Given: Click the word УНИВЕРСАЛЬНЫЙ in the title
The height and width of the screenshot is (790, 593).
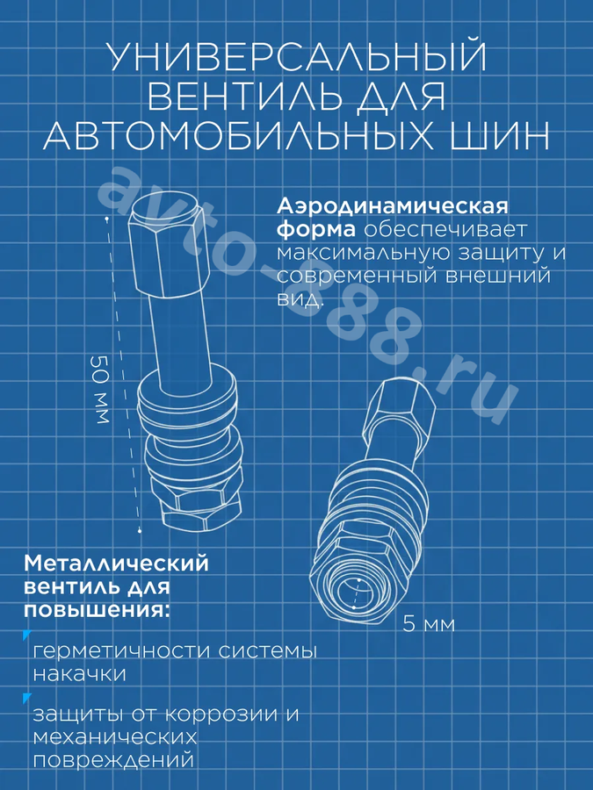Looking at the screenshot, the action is tap(298, 57).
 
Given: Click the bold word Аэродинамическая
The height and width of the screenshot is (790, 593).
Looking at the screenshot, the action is tap(393, 206).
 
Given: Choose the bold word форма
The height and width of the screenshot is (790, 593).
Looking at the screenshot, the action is tap(315, 230).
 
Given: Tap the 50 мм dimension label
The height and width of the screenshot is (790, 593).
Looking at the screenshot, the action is tap(100, 390).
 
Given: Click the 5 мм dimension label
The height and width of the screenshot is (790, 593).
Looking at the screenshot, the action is tap(429, 624).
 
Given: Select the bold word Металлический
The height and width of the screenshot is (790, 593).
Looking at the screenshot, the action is tap(116, 564).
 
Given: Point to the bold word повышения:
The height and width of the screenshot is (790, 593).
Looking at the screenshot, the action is tap(97, 610).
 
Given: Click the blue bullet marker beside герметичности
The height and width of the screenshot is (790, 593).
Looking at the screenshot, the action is tap(26, 635).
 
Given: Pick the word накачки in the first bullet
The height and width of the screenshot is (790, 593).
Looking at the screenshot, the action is tap(80, 674).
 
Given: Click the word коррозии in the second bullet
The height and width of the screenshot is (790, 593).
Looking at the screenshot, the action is tap(221, 714).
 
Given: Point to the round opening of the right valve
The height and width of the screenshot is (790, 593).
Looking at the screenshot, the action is tap(355, 592).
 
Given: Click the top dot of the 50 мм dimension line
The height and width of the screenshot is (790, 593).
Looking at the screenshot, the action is tap(107, 219).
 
